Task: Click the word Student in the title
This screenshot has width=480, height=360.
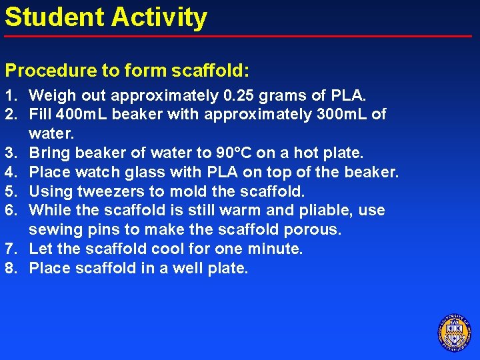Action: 47,17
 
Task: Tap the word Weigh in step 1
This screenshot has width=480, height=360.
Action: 51,95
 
